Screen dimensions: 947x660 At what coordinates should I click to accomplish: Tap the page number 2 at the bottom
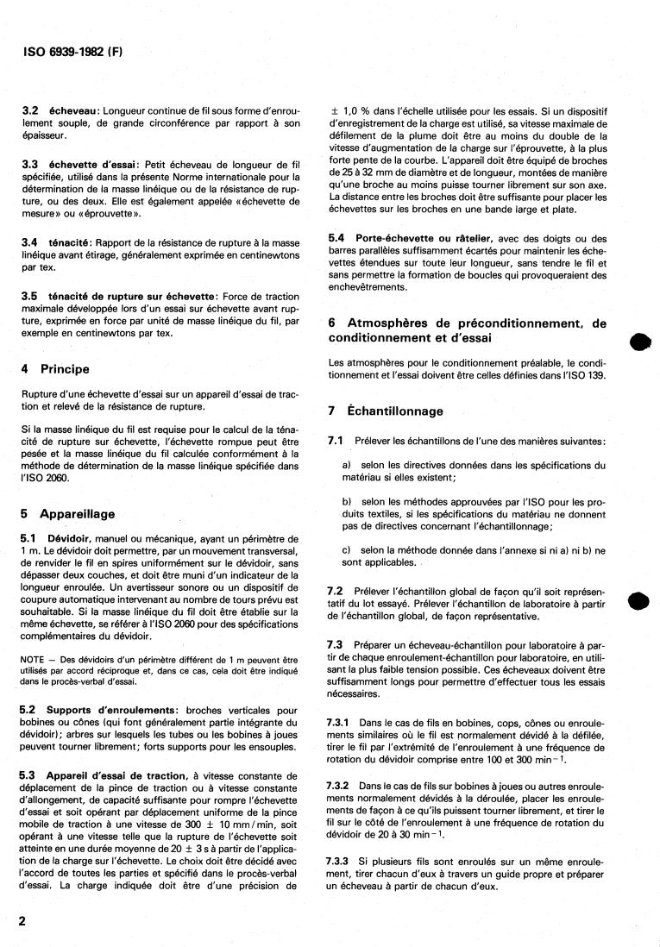23,921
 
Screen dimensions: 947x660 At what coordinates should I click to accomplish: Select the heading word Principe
64,368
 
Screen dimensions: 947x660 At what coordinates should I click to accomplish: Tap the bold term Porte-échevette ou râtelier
423,238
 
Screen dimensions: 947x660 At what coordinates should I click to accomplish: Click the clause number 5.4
337,238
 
